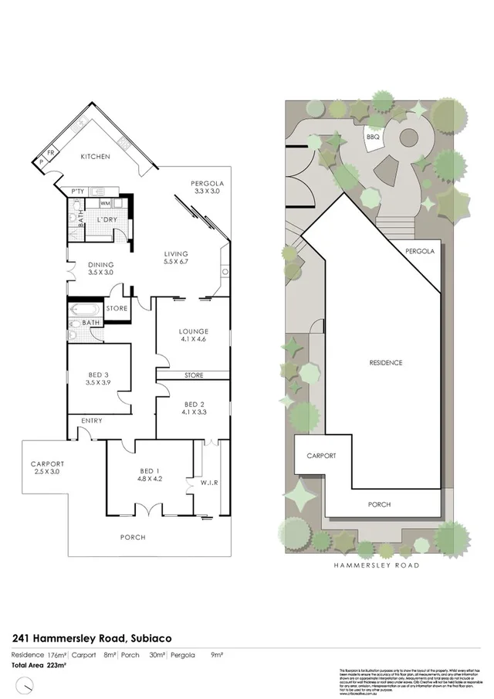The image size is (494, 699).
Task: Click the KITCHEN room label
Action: click(96, 157)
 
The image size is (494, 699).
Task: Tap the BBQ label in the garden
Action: click(374, 137)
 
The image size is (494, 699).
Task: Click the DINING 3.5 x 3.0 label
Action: click(100, 268)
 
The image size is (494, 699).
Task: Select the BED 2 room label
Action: click(194, 407)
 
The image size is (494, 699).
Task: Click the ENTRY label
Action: click(91, 420)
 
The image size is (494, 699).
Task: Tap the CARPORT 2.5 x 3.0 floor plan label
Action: click(48, 467)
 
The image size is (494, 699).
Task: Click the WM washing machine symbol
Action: click(104, 203)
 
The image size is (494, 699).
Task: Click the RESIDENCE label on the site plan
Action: click(385, 362)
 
